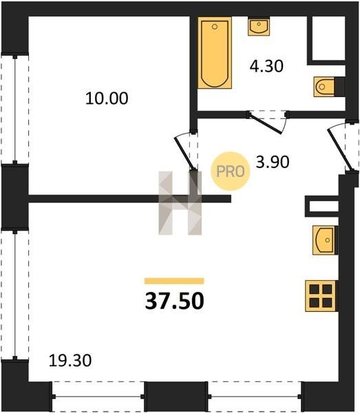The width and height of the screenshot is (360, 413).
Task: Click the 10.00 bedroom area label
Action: click(x=107, y=98)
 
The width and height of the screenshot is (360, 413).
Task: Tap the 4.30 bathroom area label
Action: click(x=266, y=66)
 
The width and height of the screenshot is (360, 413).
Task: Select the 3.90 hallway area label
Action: click(x=273, y=162)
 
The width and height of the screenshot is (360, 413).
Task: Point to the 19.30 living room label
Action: click(x=70, y=360)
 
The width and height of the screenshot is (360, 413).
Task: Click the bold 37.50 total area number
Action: click(x=174, y=301)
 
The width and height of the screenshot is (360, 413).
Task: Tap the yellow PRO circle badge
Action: click(x=230, y=171)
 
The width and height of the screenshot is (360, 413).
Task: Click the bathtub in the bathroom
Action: click(x=215, y=53)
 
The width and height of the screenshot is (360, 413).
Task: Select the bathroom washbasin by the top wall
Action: click(x=259, y=26)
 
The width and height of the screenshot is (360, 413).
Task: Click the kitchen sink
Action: click(x=325, y=240)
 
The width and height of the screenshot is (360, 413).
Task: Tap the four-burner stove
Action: click(x=321, y=296)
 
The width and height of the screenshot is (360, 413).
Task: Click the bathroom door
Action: click(x=266, y=123)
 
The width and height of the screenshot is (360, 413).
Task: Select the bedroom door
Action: click(x=185, y=153)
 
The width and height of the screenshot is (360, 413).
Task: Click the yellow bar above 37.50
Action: click(x=174, y=281)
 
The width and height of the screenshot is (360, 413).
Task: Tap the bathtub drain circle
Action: click(x=215, y=26)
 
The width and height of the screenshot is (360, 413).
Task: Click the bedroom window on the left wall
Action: click(x=15, y=109)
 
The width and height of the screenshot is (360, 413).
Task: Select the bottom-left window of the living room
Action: click(x=98, y=396)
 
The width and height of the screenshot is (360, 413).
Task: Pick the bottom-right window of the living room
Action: click(x=255, y=396)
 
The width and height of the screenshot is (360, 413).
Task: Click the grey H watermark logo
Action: click(x=180, y=203)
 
